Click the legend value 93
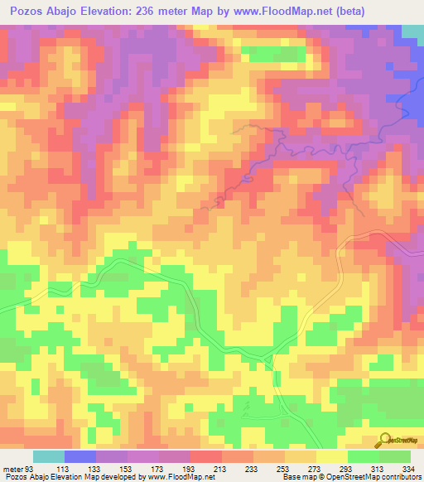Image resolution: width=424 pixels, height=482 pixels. [x=31, y=468]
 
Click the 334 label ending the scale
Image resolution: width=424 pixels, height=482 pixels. [x=407, y=468]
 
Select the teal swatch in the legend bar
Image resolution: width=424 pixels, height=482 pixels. [x=48, y=456]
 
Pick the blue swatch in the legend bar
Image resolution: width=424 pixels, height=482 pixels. [x=79, y=456]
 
